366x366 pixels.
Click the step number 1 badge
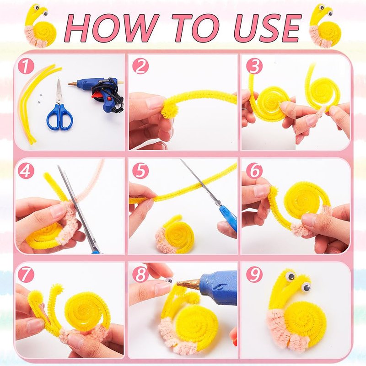click(26, 66)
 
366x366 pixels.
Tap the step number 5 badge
click(140, 171)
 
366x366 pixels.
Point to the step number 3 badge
click(254, 66)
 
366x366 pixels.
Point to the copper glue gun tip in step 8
click(188, 283)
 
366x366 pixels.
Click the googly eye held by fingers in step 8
click(169, 280)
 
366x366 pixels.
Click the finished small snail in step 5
click(175, 234)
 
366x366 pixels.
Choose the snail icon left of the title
click(40, 26)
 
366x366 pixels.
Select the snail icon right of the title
click(325, 26)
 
